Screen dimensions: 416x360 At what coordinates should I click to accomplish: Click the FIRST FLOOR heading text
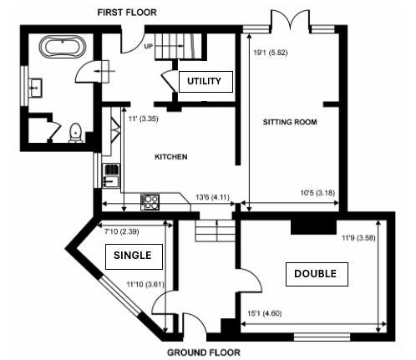click(x=127, y=13)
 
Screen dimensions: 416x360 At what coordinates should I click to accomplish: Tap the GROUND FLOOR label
click(x=204, y=352)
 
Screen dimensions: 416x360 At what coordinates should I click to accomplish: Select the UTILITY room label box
click(x=205, y=82)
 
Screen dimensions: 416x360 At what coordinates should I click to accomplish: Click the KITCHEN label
click(x=171, y=157)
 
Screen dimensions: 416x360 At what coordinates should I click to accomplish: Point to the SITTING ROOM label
click(x=290, y=122)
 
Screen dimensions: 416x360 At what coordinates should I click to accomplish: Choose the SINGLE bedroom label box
click(x=134, y=256)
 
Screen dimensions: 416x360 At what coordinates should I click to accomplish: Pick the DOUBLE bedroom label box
click(x=317, y=274)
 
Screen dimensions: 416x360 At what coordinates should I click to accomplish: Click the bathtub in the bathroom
click(x=63, y=47)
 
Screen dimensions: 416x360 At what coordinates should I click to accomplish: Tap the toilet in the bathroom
click(x=75, y=133)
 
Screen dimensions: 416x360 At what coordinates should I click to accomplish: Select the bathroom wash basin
click(x=36, y=88)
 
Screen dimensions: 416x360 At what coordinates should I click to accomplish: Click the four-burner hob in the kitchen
click(x=150, y=202)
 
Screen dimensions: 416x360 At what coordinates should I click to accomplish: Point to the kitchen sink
click(x=111, y=175)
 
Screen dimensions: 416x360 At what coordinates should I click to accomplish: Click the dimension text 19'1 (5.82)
click(x=271, y=53)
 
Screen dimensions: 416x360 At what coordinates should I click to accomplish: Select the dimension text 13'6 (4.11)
click(x=212, y=197)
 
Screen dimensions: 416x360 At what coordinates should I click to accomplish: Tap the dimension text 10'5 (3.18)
click(x=317, y=193)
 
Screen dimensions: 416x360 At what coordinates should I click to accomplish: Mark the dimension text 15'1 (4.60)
click(x=265, y=313)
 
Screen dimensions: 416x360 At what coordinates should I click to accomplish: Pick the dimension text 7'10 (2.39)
click(x=122, y=231)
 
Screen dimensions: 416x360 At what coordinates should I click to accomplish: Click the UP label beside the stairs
click(x=149, y=46)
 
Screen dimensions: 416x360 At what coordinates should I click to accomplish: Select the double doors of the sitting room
click(x=291, y=19)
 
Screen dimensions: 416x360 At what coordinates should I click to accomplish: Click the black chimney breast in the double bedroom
click(x=313, y=227)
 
